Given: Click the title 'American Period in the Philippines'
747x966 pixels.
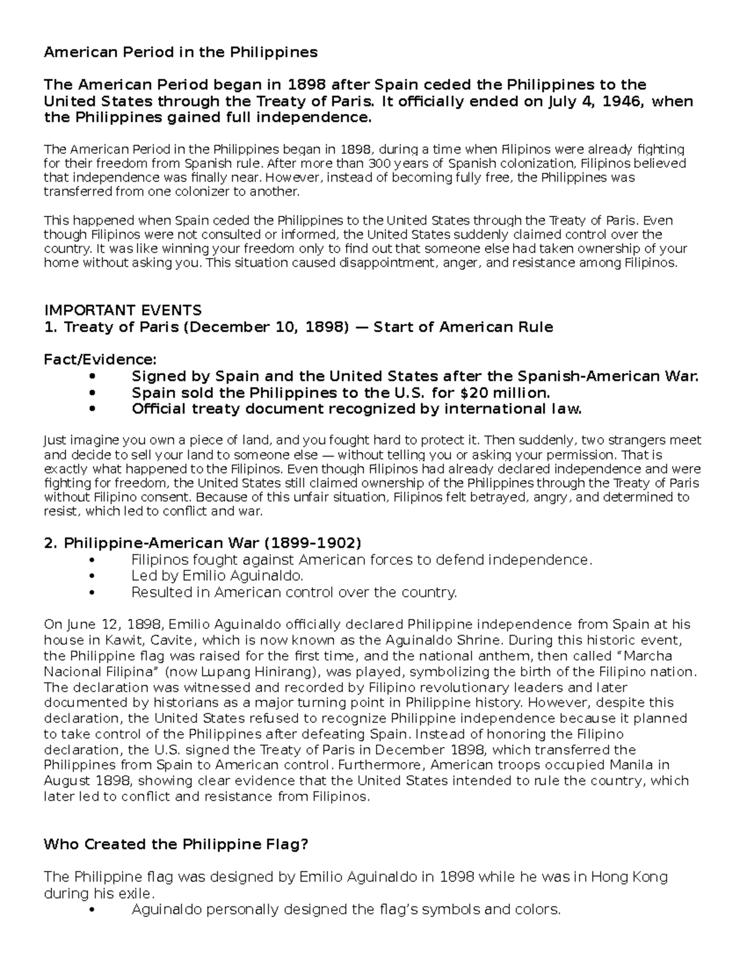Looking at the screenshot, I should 181,52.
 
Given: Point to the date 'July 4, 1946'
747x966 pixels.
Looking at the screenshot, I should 594,101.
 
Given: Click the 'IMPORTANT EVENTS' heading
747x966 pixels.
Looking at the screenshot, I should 123,310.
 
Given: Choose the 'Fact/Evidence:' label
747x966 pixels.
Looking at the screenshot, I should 100,360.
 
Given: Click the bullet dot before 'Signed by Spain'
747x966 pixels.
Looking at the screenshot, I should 93,377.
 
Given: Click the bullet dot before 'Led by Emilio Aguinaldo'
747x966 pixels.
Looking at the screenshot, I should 93,577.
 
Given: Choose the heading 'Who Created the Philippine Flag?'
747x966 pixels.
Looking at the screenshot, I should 176,845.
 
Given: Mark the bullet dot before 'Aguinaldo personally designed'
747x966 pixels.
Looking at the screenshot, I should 93,910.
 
